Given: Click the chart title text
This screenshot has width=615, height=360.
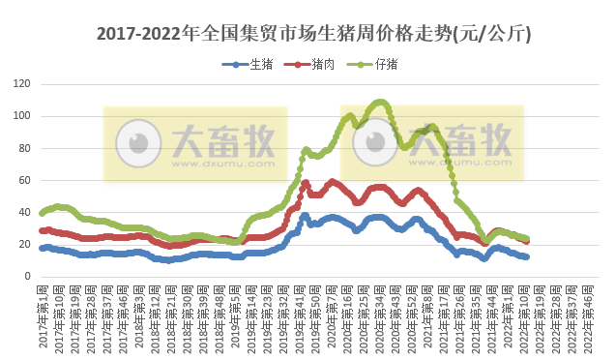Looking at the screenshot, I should point(307,35).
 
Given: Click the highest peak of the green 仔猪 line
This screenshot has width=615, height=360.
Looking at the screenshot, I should point(380,101).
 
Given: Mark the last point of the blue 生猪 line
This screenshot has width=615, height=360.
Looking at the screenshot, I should point(526,256).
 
